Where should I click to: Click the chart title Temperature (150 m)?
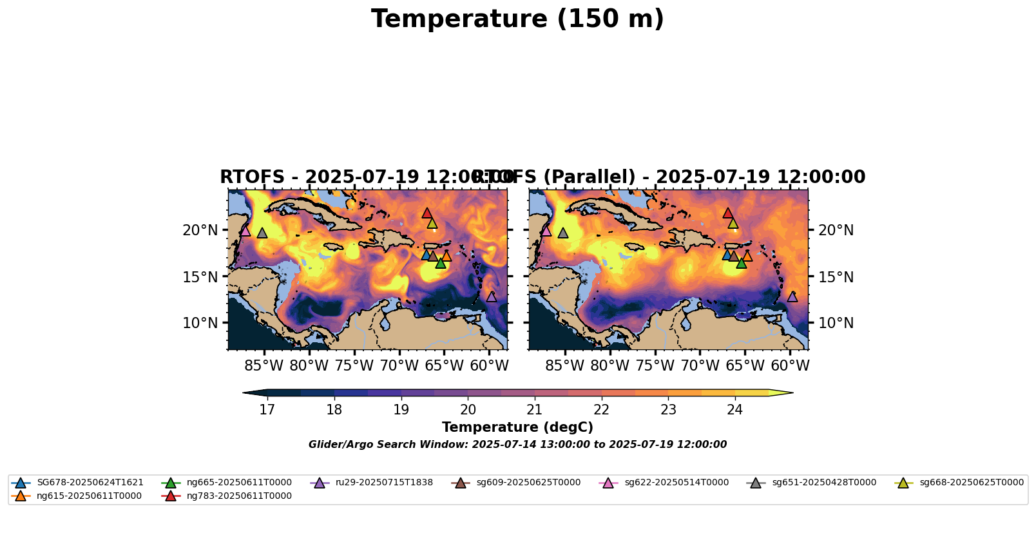click(x=517, y=19)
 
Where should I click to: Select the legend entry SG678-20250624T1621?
click(x=90, y=482)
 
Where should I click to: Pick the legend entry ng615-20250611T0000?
click(x=89, y=496)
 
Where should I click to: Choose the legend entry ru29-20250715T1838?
click(x=384, y=482)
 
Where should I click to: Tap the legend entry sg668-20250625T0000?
click(x=971, y=482)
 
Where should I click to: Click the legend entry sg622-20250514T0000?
click(x=676, y=482)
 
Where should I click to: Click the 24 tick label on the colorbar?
click(x=735, y=409)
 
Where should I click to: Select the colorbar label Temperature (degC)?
click(x=517, y=427)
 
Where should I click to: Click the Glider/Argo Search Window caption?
click(x=517, y=444)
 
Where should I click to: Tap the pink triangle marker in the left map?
click(x=245, y=230)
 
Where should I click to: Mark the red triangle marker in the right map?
click(x=728, y=213)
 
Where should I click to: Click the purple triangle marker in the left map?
click(x=492, y=296)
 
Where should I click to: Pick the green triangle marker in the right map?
click(x=742, y=262)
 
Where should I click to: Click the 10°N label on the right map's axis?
click(x=836, y=323)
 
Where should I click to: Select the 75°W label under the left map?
click(x=354, y=365)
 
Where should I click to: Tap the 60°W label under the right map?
click(x=791, y=365)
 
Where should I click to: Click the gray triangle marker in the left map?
click(x=262, y=233)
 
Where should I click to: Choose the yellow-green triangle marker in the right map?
click(x=733, y=223)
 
